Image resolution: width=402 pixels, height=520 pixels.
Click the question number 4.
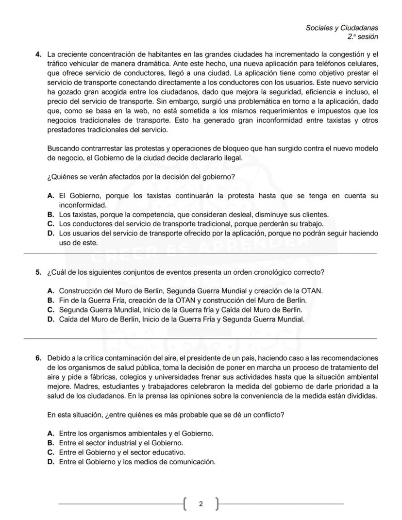[38, 54]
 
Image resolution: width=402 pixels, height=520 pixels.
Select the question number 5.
[38, 272]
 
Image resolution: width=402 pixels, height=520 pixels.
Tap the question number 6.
[38, 358]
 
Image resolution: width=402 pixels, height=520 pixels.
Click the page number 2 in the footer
[201, 504]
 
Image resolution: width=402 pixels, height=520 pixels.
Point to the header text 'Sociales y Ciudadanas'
[342, 28]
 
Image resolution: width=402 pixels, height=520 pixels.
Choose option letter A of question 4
[50, 196]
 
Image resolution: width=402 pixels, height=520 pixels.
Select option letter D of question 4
[50, 234]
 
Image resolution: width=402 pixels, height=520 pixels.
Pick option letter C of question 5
[50, 310]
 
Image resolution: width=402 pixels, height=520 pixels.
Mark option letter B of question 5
[50, 301]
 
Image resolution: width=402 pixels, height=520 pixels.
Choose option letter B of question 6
[50, 443]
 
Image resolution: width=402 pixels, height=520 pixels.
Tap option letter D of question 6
[50, 462]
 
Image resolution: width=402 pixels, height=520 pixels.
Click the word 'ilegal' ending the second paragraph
[231, 158]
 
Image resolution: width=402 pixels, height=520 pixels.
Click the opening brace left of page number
[185, 504]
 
